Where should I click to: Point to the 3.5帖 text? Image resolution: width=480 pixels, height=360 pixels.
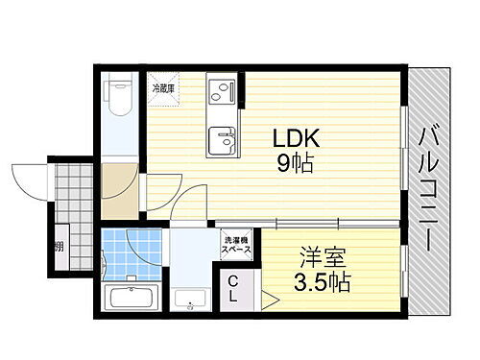320,283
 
